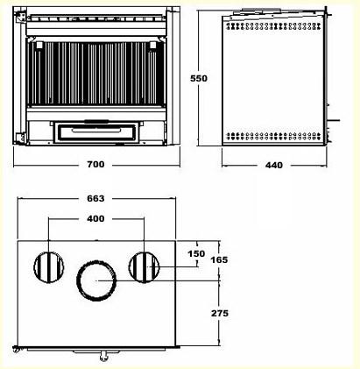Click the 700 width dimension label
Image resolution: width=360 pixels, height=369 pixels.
[95, 165]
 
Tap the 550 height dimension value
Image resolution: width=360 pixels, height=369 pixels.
[199, 78]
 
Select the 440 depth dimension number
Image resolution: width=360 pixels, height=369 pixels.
[274, 166]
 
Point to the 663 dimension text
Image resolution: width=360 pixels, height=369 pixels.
[95, 199]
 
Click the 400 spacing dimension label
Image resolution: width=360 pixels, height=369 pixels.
[95, 218]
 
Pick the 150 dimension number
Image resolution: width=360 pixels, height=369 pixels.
[196, 253]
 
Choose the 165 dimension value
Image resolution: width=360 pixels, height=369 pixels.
[219, 259]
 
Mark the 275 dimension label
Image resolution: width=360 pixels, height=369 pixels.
[220, 313]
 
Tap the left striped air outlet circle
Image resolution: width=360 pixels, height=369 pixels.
[49, 267]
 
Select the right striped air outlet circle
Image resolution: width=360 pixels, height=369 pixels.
[144, 267]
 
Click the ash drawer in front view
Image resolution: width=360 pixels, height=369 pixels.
[95, 132]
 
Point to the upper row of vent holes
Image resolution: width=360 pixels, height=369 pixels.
[273, 26]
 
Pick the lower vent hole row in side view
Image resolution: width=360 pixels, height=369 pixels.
[273, 136]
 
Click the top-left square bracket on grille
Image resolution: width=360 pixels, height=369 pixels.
[39, 46]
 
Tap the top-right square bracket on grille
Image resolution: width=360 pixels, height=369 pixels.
[152, 46]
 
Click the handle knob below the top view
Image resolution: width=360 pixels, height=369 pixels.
[103, 356]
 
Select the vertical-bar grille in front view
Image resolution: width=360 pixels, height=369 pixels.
[96, 74]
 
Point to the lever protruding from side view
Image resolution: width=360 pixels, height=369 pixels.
[333, 120]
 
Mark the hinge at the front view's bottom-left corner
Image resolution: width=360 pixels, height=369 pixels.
[20, 138]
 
